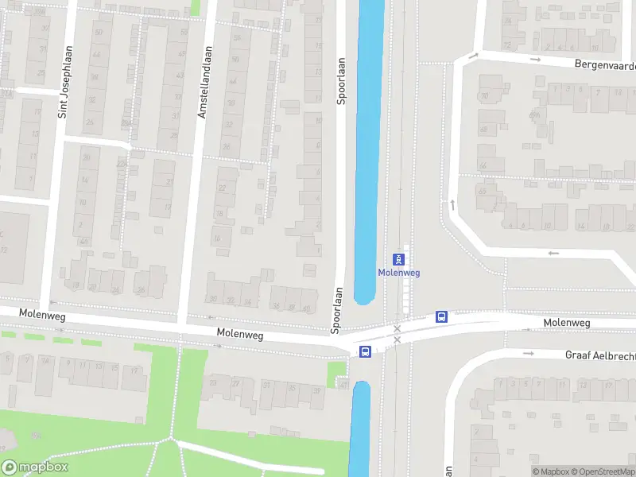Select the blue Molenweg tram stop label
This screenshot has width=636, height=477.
click(398, 273)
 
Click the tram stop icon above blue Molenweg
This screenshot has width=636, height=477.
click(398, 259)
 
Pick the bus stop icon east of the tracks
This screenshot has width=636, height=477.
click(441, 316)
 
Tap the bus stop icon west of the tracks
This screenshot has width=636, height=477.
click(365, 351)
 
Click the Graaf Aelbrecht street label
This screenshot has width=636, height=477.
click(600, 355)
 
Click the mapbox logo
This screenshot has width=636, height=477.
click(35, 467)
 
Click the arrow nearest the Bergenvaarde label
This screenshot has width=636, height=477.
click(535, 59)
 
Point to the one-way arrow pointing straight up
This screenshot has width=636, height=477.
click(452, 204)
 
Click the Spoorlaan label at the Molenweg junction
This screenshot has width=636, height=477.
click(337, 310)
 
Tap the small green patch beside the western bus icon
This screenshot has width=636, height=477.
click(337, 374)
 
